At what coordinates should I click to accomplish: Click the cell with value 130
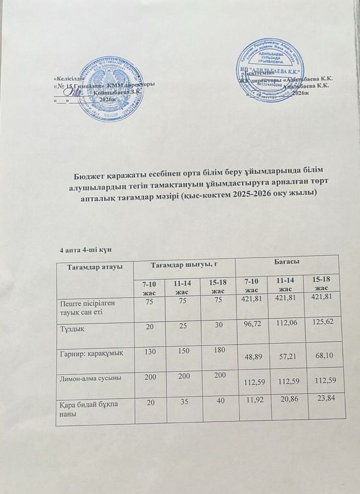(x=150, y=350)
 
